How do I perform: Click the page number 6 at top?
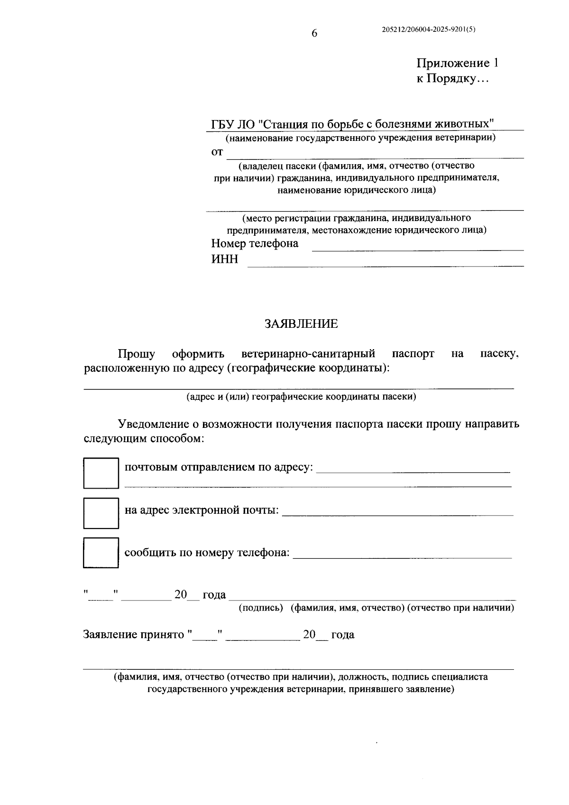[314, 33]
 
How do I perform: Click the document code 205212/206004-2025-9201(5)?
[428, 29]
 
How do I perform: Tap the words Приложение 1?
[457, 64]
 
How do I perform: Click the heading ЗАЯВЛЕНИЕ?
[301, 324]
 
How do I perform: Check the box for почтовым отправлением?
[101, 473]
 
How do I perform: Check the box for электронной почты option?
[101, 513]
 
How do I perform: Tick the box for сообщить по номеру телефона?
[101, 553]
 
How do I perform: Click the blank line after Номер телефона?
[417, 249]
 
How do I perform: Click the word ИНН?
[225, 259]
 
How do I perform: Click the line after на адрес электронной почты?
[397, 514]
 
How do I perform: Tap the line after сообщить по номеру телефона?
[402, 557]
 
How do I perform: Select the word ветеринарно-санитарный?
[308, 354]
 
